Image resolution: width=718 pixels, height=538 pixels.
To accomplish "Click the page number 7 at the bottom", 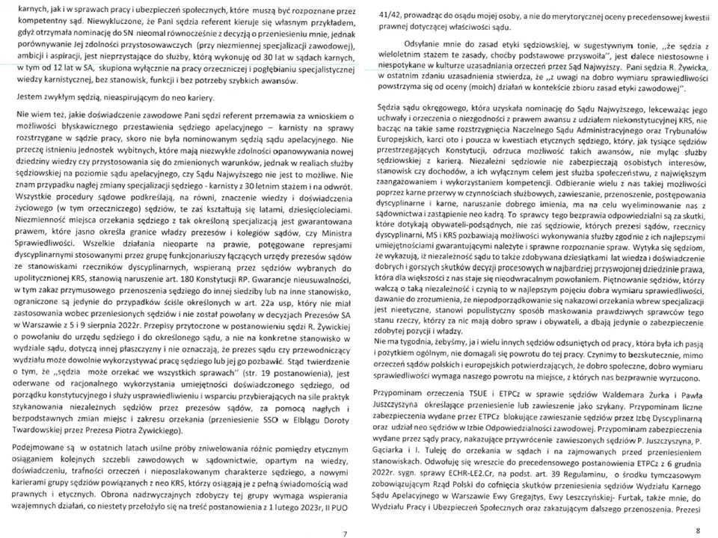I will (345, 534).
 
